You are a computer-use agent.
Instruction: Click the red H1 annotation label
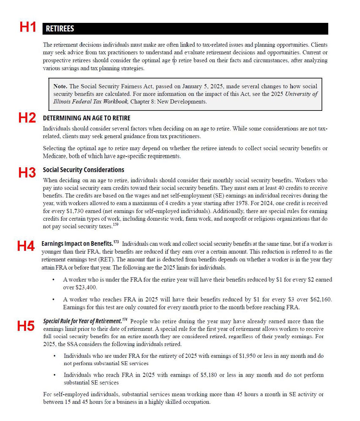28,27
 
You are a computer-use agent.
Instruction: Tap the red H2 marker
27,118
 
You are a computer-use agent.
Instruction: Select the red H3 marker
27,173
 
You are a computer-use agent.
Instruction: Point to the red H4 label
26,246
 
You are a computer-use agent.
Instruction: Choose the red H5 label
26,326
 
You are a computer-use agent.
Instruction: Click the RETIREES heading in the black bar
60,29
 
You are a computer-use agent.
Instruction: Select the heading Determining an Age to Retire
87,118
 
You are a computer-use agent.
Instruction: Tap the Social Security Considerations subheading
83,170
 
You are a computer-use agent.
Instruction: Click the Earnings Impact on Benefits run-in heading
77,244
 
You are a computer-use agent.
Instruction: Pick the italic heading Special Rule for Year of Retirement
83,321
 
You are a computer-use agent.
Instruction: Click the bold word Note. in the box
60,86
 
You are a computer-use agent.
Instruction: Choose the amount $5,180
209,375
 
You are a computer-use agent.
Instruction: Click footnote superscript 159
116,225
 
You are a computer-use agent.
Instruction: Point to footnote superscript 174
125,319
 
